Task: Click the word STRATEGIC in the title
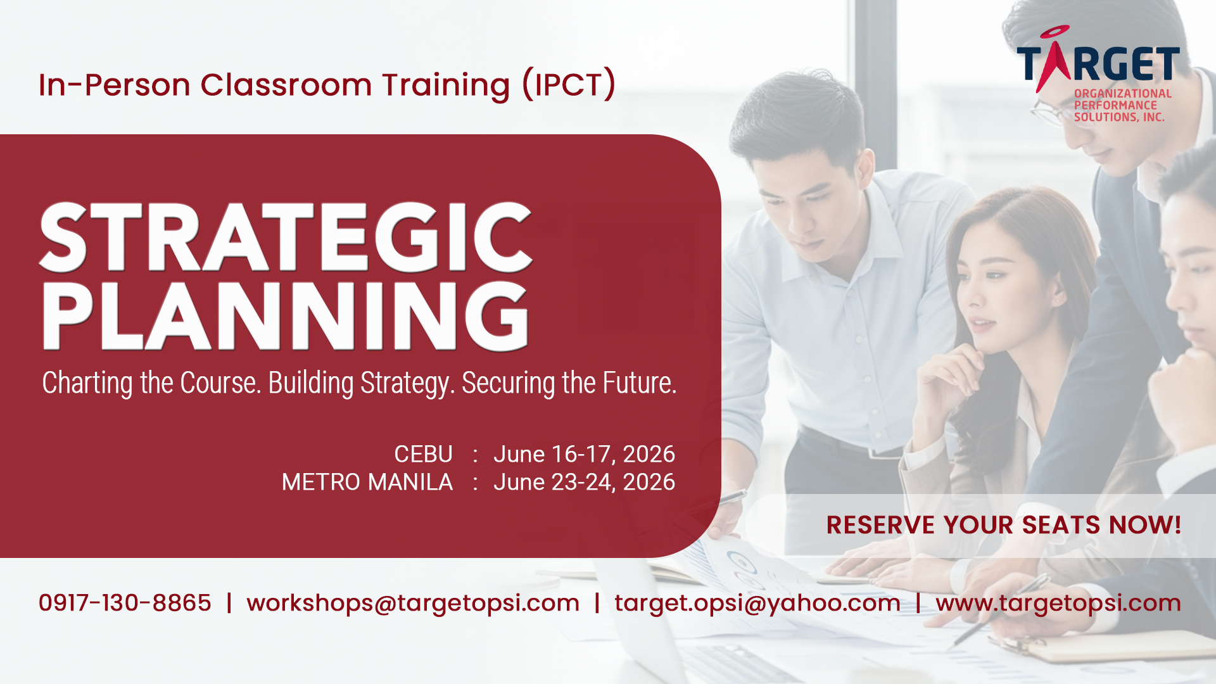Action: click(286, 237)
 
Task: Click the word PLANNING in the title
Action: click(286, 315)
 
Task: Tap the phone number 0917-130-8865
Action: click(125, 603)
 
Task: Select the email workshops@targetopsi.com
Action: click(413, 603)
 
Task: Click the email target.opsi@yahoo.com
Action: click(757, 603)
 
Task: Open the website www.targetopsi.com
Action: click(1058, 603)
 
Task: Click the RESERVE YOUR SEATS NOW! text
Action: click(1004, 525)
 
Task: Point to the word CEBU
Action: click(423, 454)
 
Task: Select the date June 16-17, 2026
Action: click(584, 455)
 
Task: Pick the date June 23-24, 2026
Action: click(584, 483)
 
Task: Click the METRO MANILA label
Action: click(367, 482)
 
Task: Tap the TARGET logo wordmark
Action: click(1098, 62)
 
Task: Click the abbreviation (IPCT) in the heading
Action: click(569, 85)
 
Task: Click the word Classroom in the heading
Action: click(286, 85)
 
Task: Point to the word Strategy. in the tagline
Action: click(408, 384)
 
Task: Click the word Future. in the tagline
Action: click(639, 383)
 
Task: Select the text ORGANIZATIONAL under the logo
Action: click(1123, 94)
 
